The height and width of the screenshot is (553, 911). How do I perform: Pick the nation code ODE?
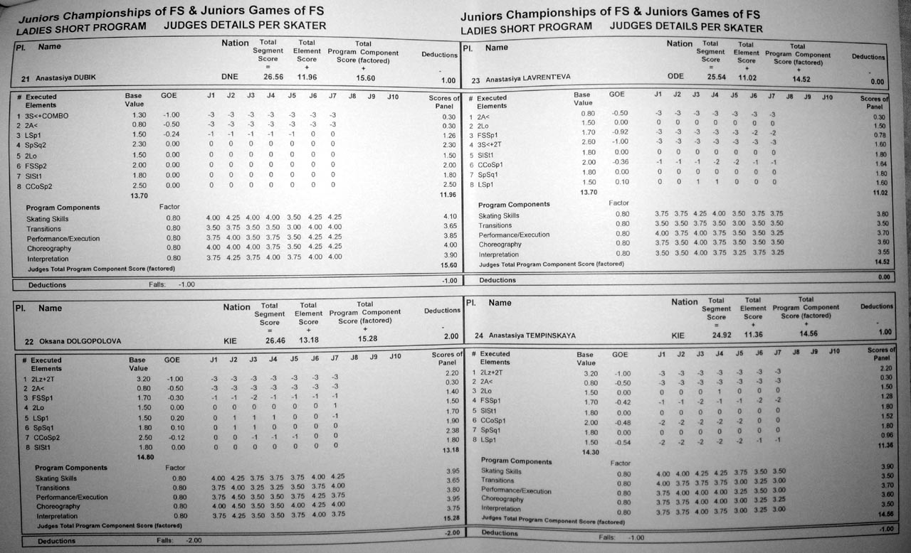pos(675,77)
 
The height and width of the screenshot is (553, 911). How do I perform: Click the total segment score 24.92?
pos(716,334)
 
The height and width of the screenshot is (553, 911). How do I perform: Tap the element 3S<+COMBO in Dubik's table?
pos(46,115)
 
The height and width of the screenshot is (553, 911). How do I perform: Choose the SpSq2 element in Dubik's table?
pos(36,145)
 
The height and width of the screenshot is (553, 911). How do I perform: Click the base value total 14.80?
pos(138,458)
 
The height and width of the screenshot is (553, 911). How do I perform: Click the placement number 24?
pos(475,335)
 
